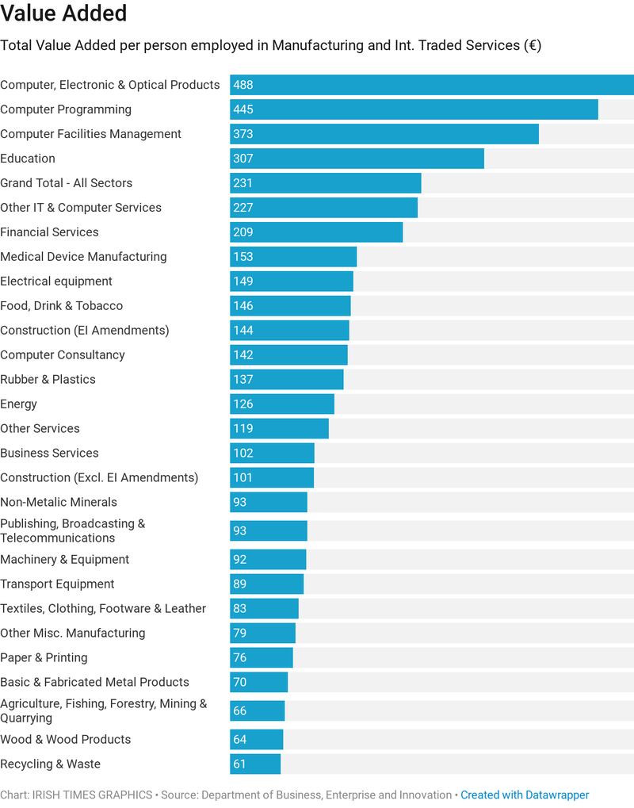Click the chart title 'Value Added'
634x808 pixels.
pos(63,13)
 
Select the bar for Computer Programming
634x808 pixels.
pos(414,109)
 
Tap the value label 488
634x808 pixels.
pos(243,85)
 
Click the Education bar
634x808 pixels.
pos(357,159)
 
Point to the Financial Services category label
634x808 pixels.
pos(49,232)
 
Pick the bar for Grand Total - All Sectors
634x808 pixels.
pos(325,183)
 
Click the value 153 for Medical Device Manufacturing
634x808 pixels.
pos(243,257)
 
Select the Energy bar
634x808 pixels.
pos(282,404)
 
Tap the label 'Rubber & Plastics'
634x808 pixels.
pos(48,380)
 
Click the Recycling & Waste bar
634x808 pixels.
pos(255,764)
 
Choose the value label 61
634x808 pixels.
pos(239,764)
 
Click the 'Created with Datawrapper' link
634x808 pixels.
pos(525,795)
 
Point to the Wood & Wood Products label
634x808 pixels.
pos(65,740)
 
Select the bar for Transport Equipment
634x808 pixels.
pos(266,584)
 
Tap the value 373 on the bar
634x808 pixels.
pos(243,134)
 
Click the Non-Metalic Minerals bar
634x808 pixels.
pos(268,503)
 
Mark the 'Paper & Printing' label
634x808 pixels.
pos(44,658)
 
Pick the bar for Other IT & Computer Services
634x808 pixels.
pos(323,208)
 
